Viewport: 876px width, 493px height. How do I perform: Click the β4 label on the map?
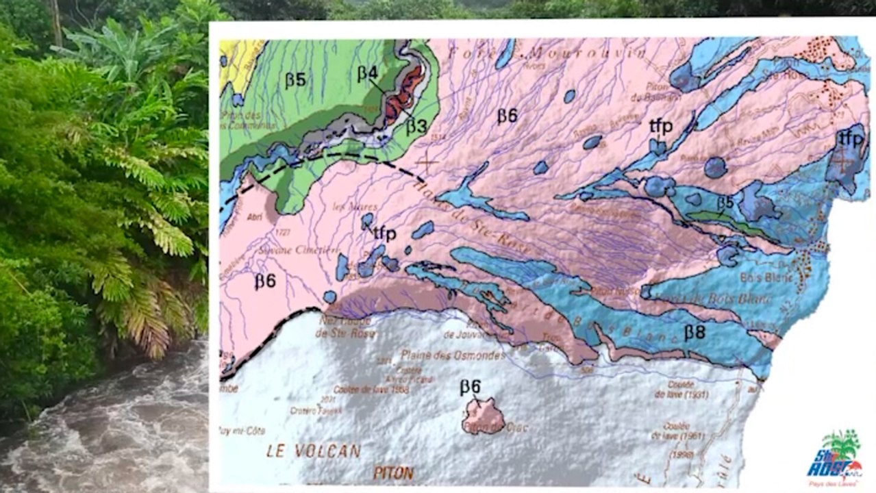coord(366,74)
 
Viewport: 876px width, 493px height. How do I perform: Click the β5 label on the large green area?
coord(295,80)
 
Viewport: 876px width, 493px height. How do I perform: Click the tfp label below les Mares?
coord(384,233)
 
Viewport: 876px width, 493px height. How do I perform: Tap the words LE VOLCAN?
coord(314,451)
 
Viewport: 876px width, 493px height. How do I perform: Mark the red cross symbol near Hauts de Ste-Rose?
coord(428,162)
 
